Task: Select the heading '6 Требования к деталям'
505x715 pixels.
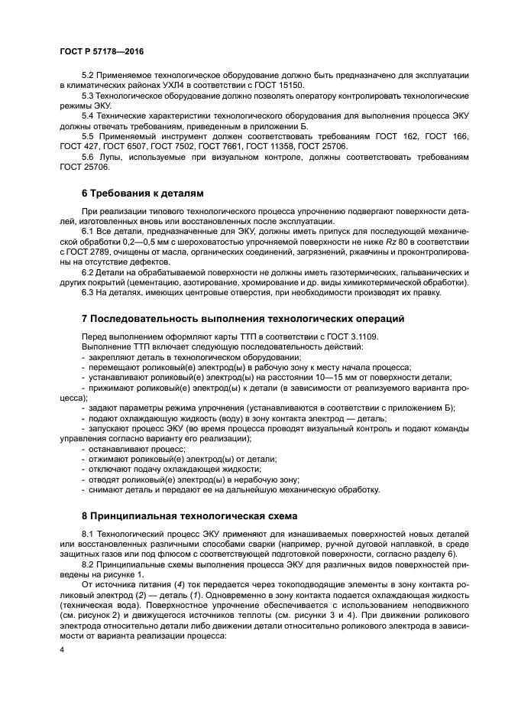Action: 142,192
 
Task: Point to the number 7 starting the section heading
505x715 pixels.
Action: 85,318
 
